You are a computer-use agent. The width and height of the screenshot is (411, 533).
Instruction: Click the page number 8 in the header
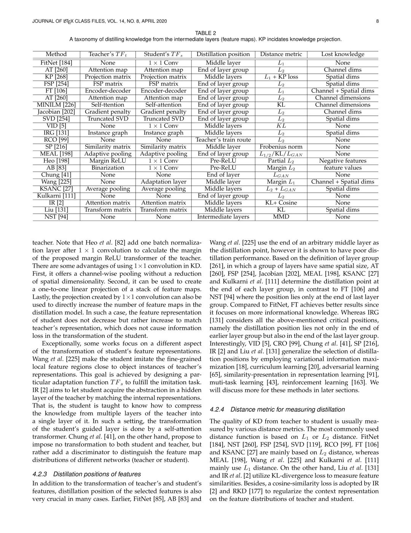pos(377,21)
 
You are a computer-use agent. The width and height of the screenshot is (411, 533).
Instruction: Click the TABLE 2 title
pos(205,33)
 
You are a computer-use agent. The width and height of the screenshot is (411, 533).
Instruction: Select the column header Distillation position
pos(223,54)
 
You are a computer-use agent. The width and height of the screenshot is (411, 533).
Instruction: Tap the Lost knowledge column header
pos(342,54)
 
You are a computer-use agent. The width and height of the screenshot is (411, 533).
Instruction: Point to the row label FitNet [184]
pos(56,63)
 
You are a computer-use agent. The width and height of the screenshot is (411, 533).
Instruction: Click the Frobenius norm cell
pos(281,147)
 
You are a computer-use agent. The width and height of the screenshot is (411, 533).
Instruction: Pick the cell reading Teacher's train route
pos(223,140)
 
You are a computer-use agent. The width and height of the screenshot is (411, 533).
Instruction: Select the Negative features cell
pos(342,161)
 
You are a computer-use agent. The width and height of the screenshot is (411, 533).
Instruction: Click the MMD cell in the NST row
pos(281,217)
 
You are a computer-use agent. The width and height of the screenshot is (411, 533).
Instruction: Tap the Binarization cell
pos(108,168)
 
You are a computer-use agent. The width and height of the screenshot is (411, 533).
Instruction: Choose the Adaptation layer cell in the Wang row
pos(163,182)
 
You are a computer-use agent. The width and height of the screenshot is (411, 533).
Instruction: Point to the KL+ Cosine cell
pos(281,203)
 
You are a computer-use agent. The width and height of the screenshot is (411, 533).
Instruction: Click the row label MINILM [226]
pos(56,105)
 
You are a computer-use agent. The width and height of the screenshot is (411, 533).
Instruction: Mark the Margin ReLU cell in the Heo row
pos(108,161)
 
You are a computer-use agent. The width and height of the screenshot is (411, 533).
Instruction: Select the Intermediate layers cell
pos(223,217)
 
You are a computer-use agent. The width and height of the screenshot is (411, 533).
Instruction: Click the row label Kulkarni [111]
pos(56,196)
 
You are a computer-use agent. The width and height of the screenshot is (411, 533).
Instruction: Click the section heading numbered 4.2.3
pos(86,474)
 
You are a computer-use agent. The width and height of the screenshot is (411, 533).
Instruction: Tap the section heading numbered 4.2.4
pos(277,409)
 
